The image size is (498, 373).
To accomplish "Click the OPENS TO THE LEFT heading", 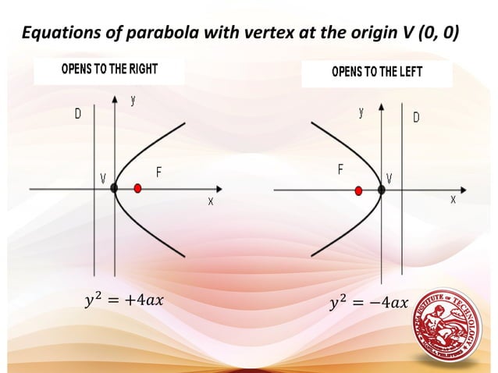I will tap(377, 73).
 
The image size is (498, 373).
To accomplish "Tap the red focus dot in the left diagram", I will tap(138, 188).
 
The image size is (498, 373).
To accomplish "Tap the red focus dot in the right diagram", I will tap(358, 189).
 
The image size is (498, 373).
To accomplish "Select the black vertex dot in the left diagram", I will tap(115, 188).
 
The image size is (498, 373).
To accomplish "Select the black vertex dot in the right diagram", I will tap(382, 189).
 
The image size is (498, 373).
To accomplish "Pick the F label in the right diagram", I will tap(340, 169).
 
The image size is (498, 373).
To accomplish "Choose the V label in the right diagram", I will tap(390, 179).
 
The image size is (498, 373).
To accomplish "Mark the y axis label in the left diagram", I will tap(133, 101).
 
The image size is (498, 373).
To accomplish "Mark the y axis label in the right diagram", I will tap(361, 113).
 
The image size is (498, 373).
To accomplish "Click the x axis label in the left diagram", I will tap(210, 201).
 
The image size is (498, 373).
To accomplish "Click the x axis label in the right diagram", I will tap(453, 200).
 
